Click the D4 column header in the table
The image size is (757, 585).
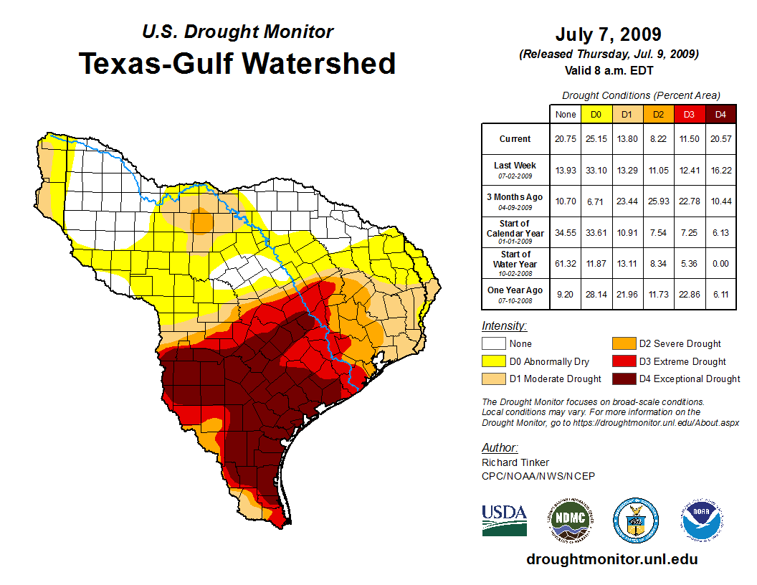click(x=721, y=114)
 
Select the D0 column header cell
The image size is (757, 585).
click(x=596, y=114)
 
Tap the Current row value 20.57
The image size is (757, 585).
click(x=721, y=139)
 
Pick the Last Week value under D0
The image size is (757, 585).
click(x=596, y=169)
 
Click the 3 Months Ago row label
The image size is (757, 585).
click(x=515, y=200)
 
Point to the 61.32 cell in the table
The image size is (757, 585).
click(x=565, y=263)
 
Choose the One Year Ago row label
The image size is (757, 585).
click(x=515, y=294)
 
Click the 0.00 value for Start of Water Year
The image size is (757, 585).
click(x=721, y=263)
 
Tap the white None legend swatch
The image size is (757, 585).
click(x=493, y=344)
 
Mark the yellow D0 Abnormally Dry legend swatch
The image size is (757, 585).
click(x=493, y=361)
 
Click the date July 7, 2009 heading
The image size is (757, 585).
click(x=608, y=34)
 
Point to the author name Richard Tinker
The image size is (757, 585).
click(x=515, y=462)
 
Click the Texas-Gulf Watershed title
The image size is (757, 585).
click(x=237, y=64)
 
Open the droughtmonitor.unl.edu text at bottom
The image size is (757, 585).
click(x=611, y=559)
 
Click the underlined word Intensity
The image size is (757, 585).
click(x=504, y=326)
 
